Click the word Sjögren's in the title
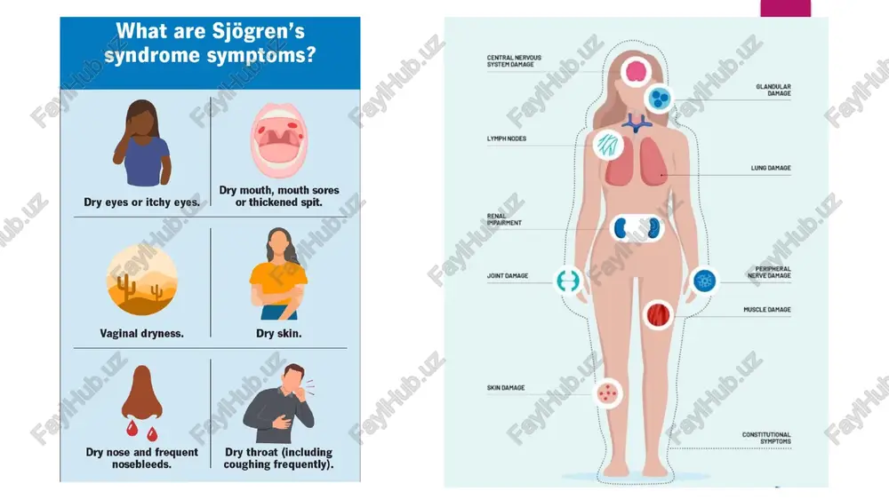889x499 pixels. [258, 32]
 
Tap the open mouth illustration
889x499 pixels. [279, 140]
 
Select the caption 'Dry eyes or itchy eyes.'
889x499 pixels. [141, 202]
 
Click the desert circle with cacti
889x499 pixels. [141, 280]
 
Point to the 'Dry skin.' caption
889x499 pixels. [279, 334]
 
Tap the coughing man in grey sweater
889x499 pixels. [279, 403]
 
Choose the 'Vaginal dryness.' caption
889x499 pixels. [141, 334]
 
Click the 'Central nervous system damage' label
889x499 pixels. [514, 61]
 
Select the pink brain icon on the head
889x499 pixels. [637, 71]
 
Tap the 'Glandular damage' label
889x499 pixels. [773, 90]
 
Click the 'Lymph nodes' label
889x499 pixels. [507, 139]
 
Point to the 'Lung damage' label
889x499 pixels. [771, 168]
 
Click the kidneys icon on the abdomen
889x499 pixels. [637, 228]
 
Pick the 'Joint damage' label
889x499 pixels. [508, 276]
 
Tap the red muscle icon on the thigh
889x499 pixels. [658, 315]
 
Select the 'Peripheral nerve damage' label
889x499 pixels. [769, 273]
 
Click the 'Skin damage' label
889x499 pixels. [506, 388]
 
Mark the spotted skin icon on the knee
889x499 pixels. [607, 392]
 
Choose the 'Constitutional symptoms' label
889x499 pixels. [766, 438]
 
